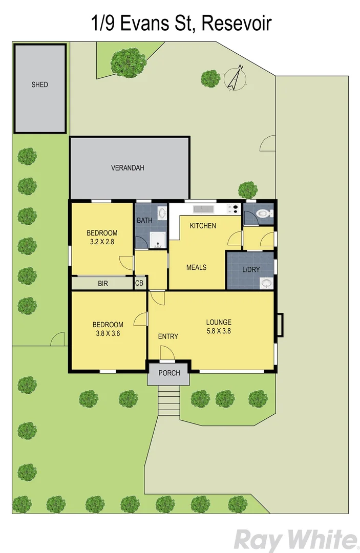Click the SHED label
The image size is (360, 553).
39,84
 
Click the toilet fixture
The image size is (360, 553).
263,214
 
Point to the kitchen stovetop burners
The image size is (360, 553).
233,209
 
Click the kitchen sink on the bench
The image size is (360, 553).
202,209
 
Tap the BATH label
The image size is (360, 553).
143,221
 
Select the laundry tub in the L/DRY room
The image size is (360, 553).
266,283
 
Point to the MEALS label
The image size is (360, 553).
196,267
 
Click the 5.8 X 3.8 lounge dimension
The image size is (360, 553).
219,331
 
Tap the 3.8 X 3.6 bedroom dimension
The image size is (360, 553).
108,333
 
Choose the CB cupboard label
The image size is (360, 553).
139,283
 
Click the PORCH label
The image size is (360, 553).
169,373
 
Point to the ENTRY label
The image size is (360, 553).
168,336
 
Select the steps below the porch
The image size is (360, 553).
168,401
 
